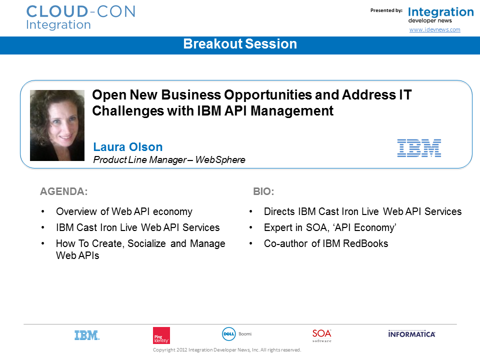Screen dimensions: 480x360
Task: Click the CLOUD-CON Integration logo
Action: [x=81, y=18]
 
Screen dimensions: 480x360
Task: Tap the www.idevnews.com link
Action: [x=434, y=29]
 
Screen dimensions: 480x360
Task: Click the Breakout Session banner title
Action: [x=240, y=44]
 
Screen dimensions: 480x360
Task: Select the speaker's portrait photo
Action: [x=57, y=125]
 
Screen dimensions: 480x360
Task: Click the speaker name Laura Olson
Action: [x=128, y=147]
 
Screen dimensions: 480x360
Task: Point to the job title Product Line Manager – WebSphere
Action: [x=169, y=160]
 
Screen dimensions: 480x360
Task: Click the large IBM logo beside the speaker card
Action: [x=419, y=148]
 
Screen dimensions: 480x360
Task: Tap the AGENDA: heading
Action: [x=63, y=191]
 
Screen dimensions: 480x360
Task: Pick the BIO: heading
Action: [x=263, y=191]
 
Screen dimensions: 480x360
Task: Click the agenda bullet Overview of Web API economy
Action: [x=124, y=211]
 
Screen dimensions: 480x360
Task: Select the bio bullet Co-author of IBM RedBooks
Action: [x=326, y=243]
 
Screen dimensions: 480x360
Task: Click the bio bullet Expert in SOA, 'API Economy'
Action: [x=330, y=227]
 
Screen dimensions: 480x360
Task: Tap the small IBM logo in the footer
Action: [x=87, y=335]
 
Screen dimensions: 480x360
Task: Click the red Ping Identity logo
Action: [x=161, y=335]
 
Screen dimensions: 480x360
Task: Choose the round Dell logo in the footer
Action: [x=228, y=334]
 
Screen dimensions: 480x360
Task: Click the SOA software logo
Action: [x=321, y=335]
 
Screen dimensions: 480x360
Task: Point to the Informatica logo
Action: [x=411, y=334]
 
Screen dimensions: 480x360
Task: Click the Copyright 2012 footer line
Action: [x=227, y=350]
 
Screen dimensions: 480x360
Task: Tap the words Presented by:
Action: [x=386, y=10]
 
